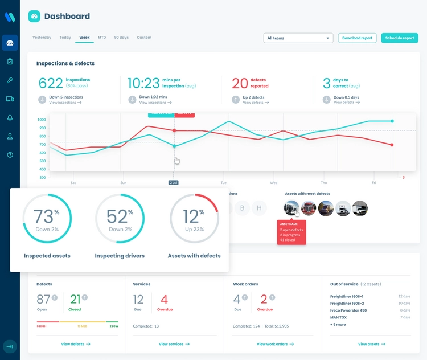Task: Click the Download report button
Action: click(357, 38)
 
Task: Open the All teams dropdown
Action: click(298, 38)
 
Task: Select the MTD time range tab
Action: click(102, 38)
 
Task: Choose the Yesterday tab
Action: click(42, 38)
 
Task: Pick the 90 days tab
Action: click(121, 38)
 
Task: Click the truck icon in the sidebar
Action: click(10, 99)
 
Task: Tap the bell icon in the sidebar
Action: click(10, 118)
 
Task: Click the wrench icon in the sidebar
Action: click(10, 80)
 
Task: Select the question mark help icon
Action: click(10, 155)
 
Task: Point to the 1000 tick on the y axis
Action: click(41, 120)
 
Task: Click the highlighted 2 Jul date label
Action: click(174, 183)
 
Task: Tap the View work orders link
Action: click(275, 344)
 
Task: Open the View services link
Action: click(174, 344)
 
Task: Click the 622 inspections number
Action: click(51, 83)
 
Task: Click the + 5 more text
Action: click(338, 324)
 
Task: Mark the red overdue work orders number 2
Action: click(264, 300)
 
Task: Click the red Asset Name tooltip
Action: click(291, 232)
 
